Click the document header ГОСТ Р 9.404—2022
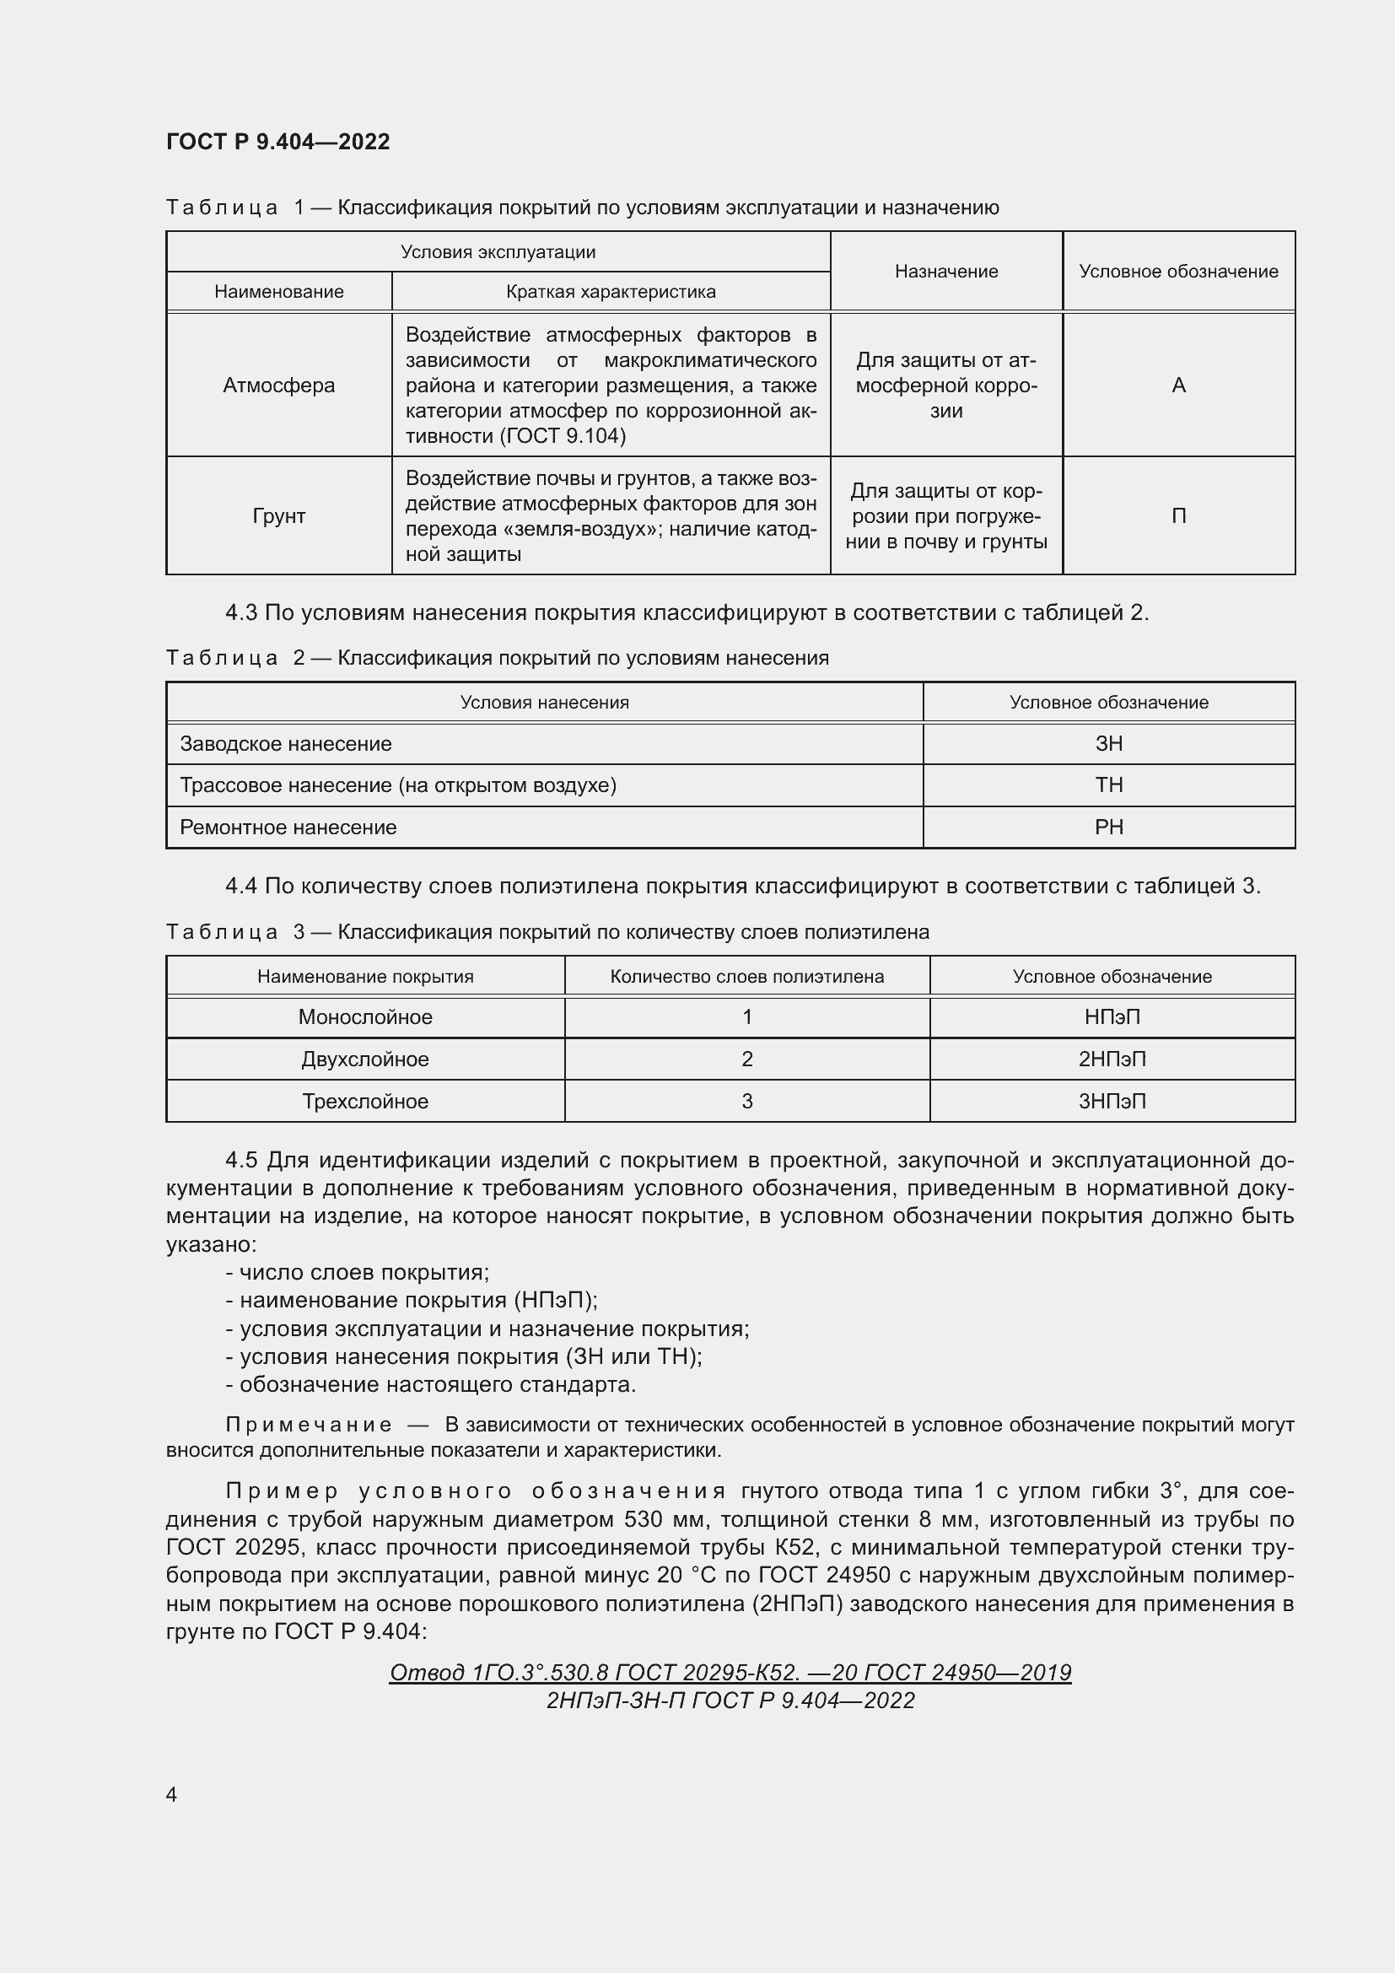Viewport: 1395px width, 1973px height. pyautogui.click(x=277, y=142)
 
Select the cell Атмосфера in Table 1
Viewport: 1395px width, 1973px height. pyautogui.click(x=278, y=385)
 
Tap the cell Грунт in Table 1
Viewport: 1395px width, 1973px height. pyautogui.click(x=278, y=515)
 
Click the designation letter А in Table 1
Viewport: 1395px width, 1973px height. pyautogui.click(x=1178, y=385)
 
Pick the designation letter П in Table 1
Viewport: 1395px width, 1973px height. pyautogui.click(x=1178, y=515)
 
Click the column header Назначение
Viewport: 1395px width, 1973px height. pyautogui.click(x=945, y=272)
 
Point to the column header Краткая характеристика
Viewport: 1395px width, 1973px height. pyautogui.click(x=611, y=291)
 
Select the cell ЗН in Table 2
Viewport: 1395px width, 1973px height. pyautogui.click(x=1108, y=743)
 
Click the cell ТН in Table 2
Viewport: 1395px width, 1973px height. pyautogui.click(x=1108, y=784)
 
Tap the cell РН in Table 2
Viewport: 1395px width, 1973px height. pyautogui.click(x=1108, y=827)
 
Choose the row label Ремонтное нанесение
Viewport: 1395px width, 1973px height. pyautogui.click(x=288, y=827)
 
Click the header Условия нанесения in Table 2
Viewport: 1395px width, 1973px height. pyautogui.click(x=544, y=702)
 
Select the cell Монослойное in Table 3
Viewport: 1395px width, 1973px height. pyautogui.click(x=365, y=1016)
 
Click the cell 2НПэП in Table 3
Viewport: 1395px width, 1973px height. pyautogui.click(x=1112, y=1059)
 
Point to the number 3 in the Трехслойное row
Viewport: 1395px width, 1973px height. pyautogui.click(x=746, y=1101)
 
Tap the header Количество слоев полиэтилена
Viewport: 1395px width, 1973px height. pyautogui.click(x=746, y=976)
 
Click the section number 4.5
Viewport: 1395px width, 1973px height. pyautogui.click(x=241, y=1160)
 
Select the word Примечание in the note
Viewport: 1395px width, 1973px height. pyautogui.click(x=309, y=1424)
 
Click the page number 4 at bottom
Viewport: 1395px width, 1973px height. pyautogui.click(x=171, y=1794)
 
